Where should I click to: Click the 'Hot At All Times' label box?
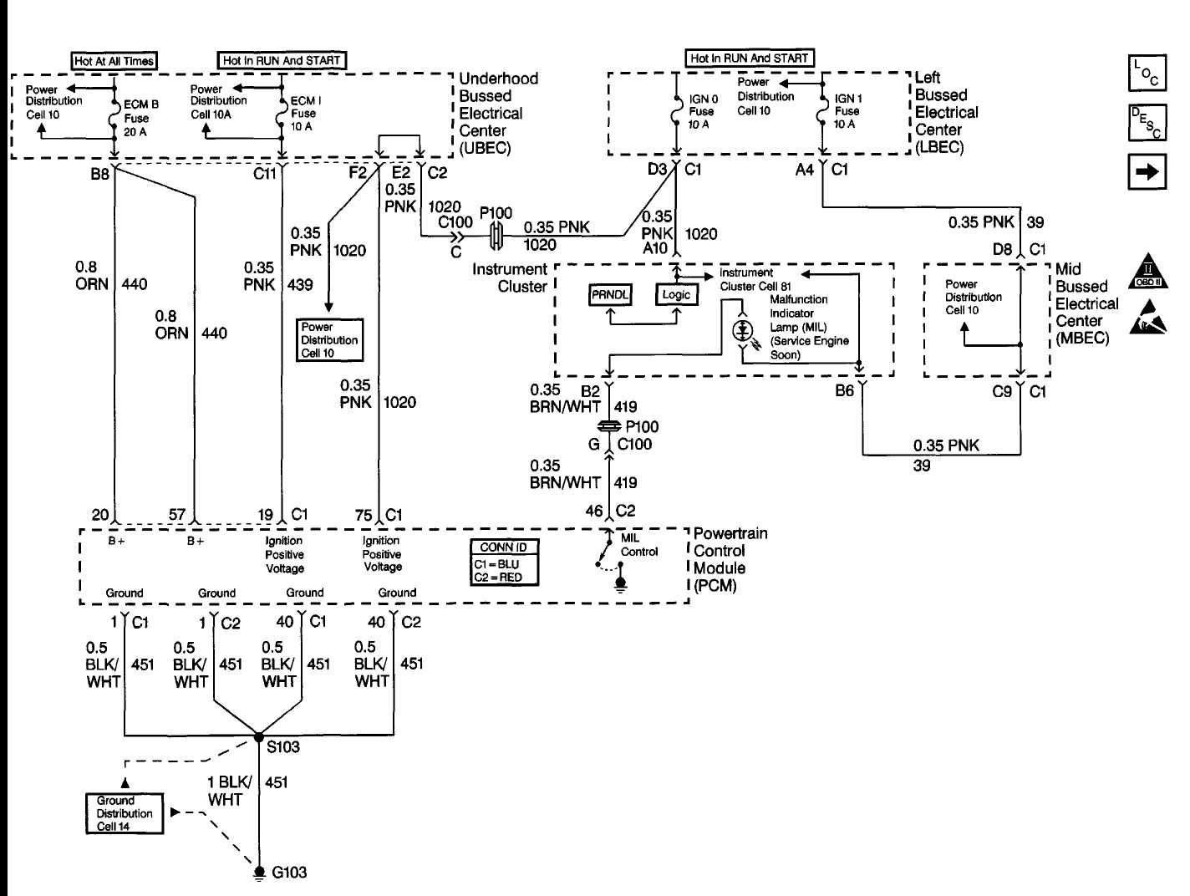pyautogui.click(x=114, y=61)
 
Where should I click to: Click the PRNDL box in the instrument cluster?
pyautogui.click(x=610, y=295)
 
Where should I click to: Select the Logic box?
pyautogui.click(x=676, y=295)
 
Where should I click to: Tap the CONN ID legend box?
pyautogui.click(x=503, y=562)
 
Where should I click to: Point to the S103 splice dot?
pyautogui.click(x=259, y=737)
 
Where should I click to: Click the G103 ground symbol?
pyautogui.click(x=259, y=872)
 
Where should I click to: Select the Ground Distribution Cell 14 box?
pyautogui.click(x=125, y=813)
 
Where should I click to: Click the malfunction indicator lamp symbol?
pyautogui.click(x=741, y=331)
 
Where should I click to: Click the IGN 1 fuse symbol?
pyautogui.click(x=823, y=111)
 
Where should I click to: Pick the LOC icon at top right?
pyautogui.click(x=1146, y=74)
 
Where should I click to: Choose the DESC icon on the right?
pyautogui.click(x=1146, y=122)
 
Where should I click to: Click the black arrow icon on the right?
pyautogui.click(x=1147, y=172)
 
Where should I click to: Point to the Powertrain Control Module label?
pyautogui.click(x=730, y=559)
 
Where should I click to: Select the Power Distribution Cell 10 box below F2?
pyautogui.click(x=329, y=340)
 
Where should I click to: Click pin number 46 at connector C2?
pyautogui.click(x=593, y=511)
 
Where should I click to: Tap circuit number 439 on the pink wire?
pyautogui.click(x=299, y=284)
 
